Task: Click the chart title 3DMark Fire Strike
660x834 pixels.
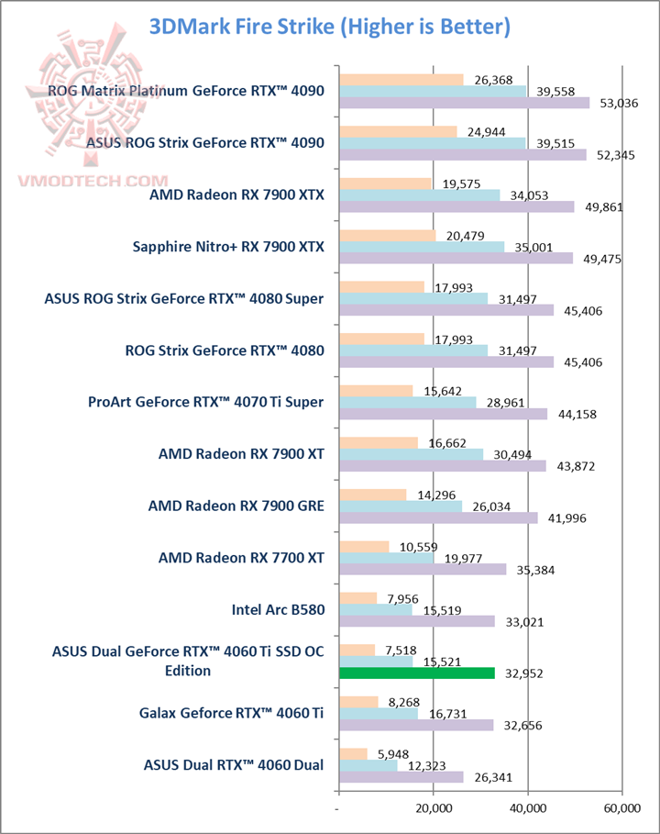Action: point(329,28)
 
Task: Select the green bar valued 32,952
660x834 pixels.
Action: point(417,673)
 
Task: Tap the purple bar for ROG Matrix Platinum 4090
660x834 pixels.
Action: point(464,103)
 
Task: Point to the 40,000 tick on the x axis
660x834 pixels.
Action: point(527,808)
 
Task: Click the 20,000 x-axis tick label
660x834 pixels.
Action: point(433,808)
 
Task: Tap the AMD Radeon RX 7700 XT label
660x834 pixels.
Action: point(240,557)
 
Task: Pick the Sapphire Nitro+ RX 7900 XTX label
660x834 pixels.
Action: point(228,246)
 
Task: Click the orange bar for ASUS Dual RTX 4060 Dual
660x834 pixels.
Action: point(353,754)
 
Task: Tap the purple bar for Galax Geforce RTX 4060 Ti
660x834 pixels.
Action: point(416,725)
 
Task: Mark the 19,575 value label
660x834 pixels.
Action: point(455,183)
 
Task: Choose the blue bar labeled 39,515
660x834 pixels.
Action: point(433,142)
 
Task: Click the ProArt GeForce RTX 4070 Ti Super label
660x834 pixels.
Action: point(205,401)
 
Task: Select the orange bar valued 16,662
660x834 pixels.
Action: point(379,443)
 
